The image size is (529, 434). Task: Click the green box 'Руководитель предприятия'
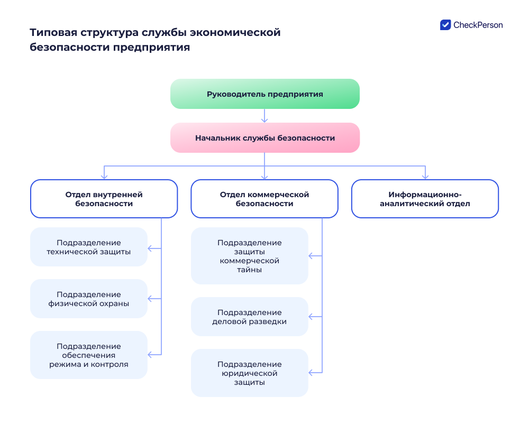point(264,94)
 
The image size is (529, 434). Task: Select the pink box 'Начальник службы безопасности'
point(264,138)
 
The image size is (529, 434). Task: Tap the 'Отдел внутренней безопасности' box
point(104,199)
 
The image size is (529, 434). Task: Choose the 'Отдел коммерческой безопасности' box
point(264,199)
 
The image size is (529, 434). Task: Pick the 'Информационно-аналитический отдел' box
point(425,199)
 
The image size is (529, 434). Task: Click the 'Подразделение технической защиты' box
point(88,247)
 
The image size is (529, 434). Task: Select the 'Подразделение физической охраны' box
point(88,299)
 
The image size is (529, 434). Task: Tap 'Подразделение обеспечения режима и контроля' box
point(88,355)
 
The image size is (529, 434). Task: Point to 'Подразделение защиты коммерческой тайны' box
point(249,256)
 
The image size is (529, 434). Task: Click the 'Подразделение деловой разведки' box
point(249,317)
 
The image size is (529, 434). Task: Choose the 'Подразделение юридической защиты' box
point(249,373)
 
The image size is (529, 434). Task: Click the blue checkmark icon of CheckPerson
point(445,25)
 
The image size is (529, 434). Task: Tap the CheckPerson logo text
point(478,25)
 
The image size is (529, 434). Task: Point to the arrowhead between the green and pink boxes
point(264,119)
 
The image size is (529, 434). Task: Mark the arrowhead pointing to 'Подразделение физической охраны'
point(150,299)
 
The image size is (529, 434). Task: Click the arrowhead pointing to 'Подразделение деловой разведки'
point(311,317)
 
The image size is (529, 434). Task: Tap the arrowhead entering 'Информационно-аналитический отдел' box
point(425,177)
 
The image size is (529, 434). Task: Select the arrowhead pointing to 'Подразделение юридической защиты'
point(311,373)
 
